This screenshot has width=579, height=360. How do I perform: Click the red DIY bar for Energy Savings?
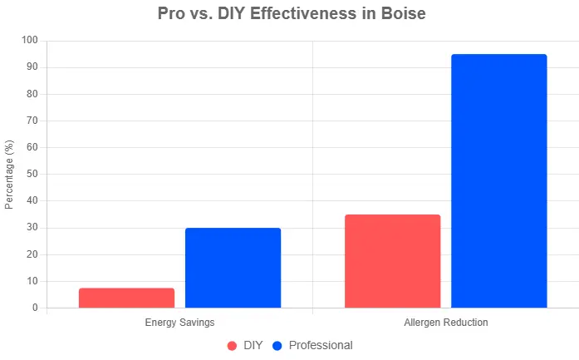[126, 298]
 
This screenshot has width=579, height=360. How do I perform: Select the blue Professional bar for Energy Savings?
[233, 268]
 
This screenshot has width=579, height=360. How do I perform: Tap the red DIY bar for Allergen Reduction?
[392, 261]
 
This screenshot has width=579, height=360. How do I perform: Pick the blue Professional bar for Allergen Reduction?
[498, 181]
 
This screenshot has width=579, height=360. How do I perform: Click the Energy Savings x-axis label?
[179, 322]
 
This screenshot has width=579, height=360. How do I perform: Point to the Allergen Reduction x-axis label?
[445, 322]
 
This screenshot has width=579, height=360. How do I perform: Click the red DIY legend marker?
[232, 345]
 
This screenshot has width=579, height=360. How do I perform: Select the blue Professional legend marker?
[278, 345]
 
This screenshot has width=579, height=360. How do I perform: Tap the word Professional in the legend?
[321, 345]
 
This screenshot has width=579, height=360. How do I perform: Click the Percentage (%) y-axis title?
[9, 174]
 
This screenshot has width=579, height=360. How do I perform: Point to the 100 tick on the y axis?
[30, 40]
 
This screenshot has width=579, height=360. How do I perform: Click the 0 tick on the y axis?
[35, 308]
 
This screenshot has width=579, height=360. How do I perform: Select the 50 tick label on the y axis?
[32, 174]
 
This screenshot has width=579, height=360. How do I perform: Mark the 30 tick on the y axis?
[32, 228]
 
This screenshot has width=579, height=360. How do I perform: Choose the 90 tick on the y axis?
[32, 67]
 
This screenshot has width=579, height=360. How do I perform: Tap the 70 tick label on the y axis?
[32, 121]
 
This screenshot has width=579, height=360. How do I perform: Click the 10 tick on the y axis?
[32, 281]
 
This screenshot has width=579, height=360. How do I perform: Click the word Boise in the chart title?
[399, 14]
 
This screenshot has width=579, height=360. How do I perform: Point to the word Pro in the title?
[172, 14]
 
